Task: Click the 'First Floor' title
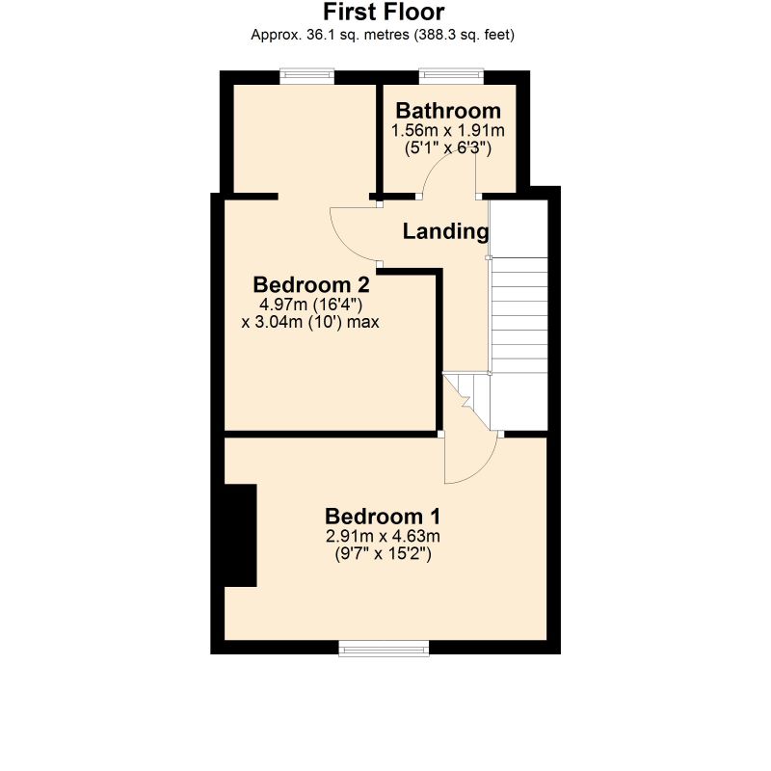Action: coord(384,12)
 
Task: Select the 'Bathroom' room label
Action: coord(448,111)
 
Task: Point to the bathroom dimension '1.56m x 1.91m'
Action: coord(448,131)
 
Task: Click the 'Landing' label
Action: coord(445,231)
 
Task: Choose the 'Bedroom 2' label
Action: coord(310,284)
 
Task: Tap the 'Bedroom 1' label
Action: coord(383,517)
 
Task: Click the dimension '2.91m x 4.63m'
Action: coord(383,536)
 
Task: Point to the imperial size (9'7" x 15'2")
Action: coord(383,554)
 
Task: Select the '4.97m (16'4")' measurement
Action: coord(310,305)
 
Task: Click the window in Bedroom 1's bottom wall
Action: coord(384,648)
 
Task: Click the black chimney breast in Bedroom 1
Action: coord(240,535)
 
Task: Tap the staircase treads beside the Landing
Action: coord(518,315)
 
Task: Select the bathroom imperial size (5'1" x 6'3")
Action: coord(448,148)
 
